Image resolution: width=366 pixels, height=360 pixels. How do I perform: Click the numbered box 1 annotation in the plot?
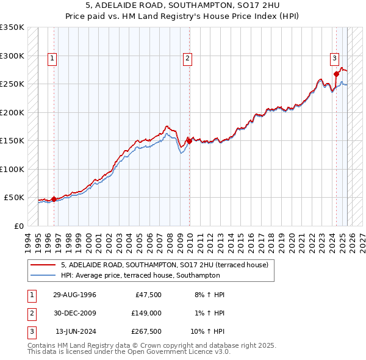pos(53,59)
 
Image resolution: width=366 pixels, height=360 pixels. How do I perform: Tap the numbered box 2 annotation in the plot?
pos(187,59)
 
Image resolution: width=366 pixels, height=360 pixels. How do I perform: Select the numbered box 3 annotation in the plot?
pos(335,59)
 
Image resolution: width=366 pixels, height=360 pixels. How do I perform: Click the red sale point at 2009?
pos(189,141)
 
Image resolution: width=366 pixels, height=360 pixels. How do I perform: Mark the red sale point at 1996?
pos(54,198)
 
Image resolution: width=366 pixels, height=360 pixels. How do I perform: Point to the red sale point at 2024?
pos(336,74)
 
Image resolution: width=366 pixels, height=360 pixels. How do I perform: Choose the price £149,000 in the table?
pos(146,314)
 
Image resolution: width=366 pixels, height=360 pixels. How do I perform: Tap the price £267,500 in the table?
pos(146,333)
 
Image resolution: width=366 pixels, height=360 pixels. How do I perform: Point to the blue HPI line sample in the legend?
pos(43,275)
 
